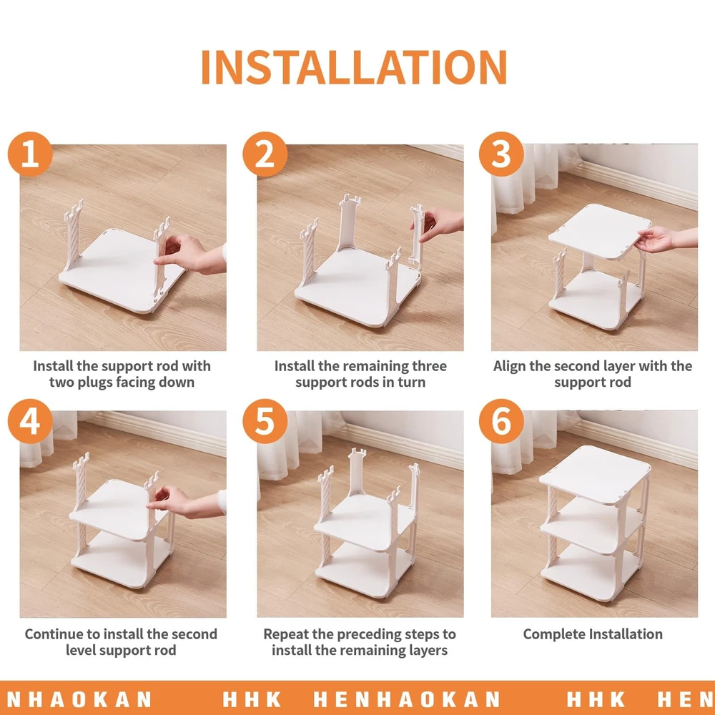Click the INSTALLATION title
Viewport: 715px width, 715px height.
point(354,67)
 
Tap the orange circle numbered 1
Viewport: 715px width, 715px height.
point(30,154)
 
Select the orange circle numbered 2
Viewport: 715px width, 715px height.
point(265,154)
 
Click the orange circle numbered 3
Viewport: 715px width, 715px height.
point(501,154)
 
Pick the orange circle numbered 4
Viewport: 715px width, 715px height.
point(30,421)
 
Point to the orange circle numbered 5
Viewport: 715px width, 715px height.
point(265,421)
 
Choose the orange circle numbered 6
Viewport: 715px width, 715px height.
point(501,421)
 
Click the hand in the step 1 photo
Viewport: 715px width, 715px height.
point(187,254)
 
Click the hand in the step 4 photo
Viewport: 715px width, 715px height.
point(182,502)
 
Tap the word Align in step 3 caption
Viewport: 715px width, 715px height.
point(510,366)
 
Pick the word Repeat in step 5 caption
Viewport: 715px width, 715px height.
point(287,634)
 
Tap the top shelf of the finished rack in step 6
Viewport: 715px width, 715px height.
point(595,474)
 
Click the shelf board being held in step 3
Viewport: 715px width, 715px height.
point(600,231)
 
